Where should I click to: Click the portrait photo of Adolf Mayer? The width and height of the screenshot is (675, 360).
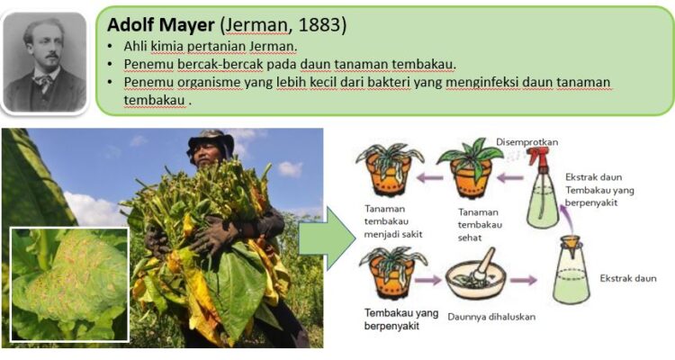pyautogui.click(x=45, y=61)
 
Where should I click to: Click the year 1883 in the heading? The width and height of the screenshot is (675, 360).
pyautogui.click(x=319, y=24)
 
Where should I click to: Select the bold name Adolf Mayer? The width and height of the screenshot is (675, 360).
pyautogui.click(x=160, y=25)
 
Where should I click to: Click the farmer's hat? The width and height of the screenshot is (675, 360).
pyautogui.click(x=211, y=143)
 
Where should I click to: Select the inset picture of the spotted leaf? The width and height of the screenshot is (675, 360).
pyautogui.click(x=69, y=284)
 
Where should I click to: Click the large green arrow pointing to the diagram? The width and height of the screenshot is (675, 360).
pyautogui.click(x=327, y=238)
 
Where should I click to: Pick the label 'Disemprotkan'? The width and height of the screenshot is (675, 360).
pyautogui.click(x=526, y=142)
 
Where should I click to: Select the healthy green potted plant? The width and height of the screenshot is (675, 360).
pyautogui.click(x=471, y=167)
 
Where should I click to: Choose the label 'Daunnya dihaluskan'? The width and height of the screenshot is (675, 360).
pyautogui.click(x=491, y=317)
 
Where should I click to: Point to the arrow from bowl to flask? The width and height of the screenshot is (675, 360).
pyautogui.click(x=524, y=281)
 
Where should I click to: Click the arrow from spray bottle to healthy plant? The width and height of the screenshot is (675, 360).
pyautogui.click(x=510, y=177)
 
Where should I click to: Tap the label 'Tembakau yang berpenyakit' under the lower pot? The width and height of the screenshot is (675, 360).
pyautogui.click(x=401, y=319)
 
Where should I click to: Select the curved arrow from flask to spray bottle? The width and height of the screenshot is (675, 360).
pyautogui.click(x=565, y=220)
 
